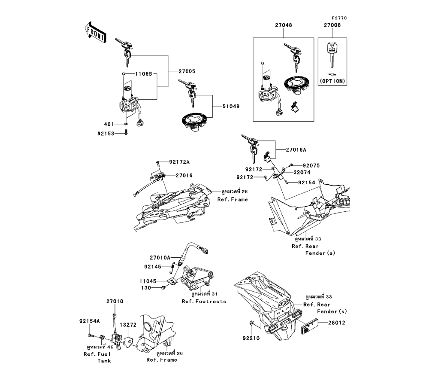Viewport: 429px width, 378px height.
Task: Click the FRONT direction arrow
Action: coord(95,33)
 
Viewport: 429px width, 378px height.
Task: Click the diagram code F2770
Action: coord(338,18)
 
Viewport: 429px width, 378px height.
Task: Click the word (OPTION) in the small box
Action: coord(332,81)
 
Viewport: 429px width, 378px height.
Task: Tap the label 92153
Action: coord(106,133)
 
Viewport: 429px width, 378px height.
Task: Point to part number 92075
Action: coord(311,165)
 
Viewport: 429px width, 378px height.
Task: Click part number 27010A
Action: coord(160,258)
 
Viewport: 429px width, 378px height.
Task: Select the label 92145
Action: coord(152,266)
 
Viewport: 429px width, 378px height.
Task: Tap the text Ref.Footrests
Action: coord(204,302)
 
